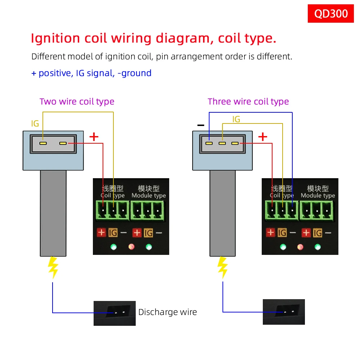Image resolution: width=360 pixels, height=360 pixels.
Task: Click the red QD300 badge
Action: point(331,14)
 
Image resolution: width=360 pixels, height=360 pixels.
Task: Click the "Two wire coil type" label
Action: point(77,102)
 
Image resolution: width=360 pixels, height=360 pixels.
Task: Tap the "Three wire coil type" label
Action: point(248,102)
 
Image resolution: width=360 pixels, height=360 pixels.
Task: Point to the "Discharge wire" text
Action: point(167,312)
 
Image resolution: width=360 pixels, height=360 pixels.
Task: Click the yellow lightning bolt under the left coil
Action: point(53,267)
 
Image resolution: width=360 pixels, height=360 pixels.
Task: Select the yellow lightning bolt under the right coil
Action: point(223,267)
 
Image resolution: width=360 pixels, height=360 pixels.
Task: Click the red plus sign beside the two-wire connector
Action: point(94,137)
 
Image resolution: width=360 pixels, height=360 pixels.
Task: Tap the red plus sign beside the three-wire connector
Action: point(263,137)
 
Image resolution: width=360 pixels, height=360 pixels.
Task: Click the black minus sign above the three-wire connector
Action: point(201,125)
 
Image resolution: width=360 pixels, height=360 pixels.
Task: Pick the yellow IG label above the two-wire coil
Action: point(35,124)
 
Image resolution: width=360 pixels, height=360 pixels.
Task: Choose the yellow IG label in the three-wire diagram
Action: point(236,119)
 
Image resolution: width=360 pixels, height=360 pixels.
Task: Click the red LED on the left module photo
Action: point(131,247)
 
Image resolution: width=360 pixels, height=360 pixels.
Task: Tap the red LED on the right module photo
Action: point(300,247)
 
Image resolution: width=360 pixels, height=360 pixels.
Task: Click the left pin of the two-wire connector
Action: point(43,143)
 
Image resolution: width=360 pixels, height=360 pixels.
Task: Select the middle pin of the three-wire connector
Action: point(222,143)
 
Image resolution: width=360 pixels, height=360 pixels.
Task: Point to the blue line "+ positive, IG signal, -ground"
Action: point(91,73)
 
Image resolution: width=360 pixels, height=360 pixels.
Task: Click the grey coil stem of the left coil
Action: point(53,212)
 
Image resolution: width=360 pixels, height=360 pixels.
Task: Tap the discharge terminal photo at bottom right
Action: point(284,312)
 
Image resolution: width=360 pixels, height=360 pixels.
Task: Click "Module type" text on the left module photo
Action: point(149,195)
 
